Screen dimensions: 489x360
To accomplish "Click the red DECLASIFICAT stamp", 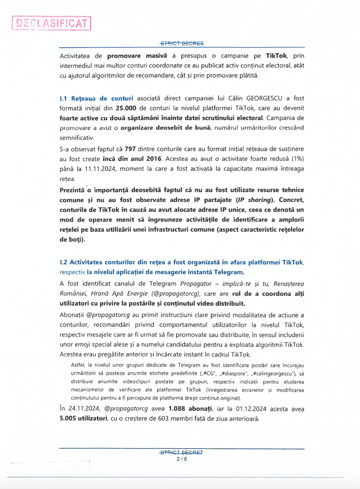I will click(x=51, y=23).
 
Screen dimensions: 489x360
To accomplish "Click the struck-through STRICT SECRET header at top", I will click(x=182, y=43).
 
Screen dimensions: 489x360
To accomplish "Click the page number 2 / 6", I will click(x=182, y=459).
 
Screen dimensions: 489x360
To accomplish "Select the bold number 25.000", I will click(x=126, y=108).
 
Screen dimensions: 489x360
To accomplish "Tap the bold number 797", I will click(x=130, y=149).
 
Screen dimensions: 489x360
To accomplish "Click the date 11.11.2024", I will click(x=100, y=169).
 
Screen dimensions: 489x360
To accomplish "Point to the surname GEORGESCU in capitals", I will click(x=264, y=98).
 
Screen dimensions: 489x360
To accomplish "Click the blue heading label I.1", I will click(x=63, y=98).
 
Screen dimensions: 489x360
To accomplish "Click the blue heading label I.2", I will click(x=64, y=262).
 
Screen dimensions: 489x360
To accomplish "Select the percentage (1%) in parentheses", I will click(x=297, y=159).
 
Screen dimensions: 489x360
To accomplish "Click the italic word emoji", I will click(x=82, y=345).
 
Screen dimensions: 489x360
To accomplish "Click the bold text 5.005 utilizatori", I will click(x=83, y=418).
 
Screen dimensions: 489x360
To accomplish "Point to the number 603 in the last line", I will click(x=163, y=418).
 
